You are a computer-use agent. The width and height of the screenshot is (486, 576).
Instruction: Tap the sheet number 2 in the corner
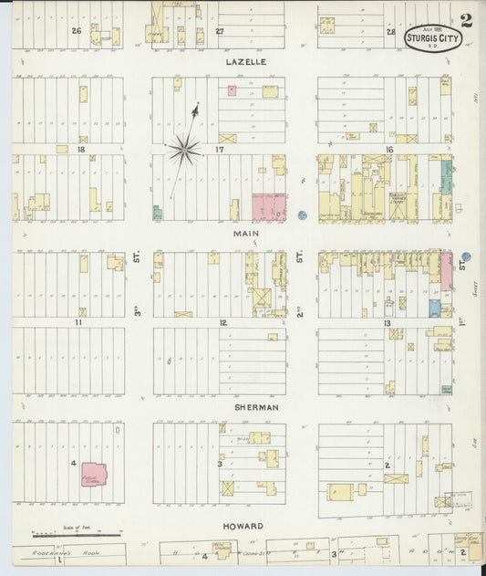(466, 21)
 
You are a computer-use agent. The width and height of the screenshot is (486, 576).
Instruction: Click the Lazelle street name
(245, 61)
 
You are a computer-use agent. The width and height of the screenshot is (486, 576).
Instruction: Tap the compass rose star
(184, 150)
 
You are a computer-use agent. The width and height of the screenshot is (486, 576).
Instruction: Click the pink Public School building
(94, 474)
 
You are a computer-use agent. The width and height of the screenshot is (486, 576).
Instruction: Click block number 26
(77, 31)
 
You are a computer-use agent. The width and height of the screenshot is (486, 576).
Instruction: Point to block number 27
(220, 32)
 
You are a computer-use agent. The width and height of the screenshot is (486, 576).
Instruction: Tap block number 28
(390, 32)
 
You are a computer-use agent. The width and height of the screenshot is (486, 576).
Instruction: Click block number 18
(82, 149)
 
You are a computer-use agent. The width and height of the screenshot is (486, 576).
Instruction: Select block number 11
(79, 322)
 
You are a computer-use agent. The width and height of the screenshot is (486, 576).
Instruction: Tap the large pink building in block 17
(268, 206)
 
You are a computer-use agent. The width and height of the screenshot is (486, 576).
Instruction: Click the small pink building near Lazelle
(232, 90)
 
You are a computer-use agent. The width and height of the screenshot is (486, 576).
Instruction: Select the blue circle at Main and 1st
(465, 257)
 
